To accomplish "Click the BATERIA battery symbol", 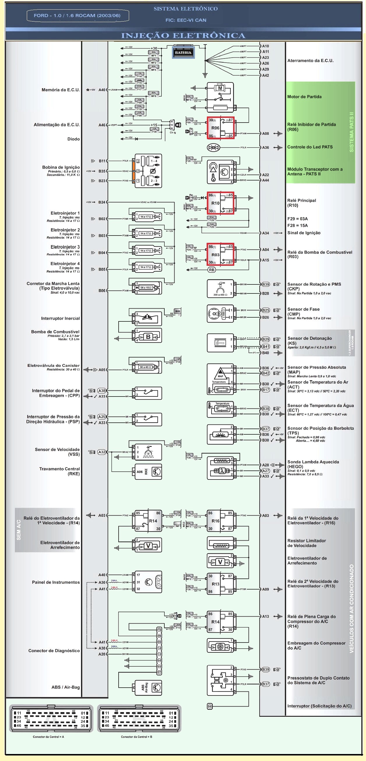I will tap(183, 52).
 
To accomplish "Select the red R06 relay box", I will tap(220, 128).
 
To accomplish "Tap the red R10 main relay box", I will tap(220, 203).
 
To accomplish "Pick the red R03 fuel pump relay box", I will tap(220, 255).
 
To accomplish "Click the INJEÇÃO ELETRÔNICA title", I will tap(183, 36).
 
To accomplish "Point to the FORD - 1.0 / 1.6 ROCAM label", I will tap(77, 16).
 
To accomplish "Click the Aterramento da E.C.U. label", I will tap(310, 61).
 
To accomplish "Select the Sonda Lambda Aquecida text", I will tap(313, 462).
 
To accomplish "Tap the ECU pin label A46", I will tap(102, 125).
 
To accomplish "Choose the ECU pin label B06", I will tap(102, 291).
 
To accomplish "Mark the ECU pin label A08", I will tap(265, 134).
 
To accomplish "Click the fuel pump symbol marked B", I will tap(148, 337).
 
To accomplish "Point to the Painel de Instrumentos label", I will tap(56, 582).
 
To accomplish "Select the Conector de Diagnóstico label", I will tap(54, 650).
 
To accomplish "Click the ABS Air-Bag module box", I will tap(148, 688).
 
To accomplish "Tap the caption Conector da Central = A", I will tap(48, 737).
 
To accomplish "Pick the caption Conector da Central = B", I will tap(136, 737).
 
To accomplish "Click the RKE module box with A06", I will tap(148, 472).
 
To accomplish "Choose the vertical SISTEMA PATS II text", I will tap(351, 132).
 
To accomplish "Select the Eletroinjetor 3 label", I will tap(65, 247).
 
